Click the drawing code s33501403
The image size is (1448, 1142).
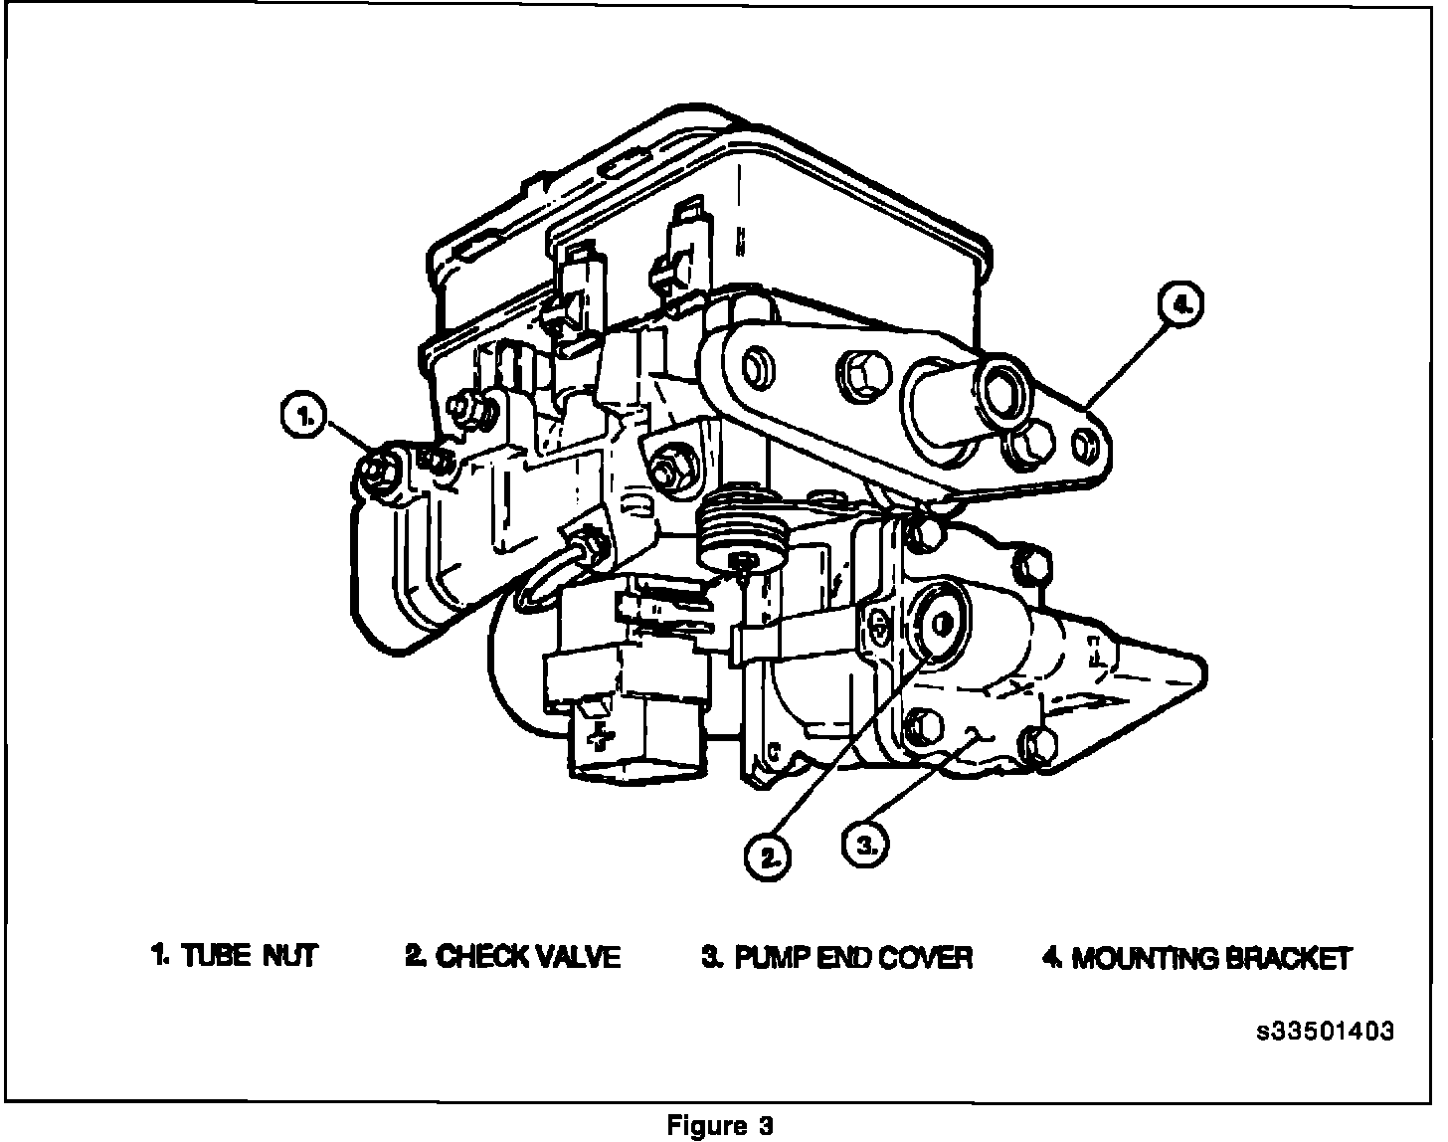point(1325,1031)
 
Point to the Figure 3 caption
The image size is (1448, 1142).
point(720,1126)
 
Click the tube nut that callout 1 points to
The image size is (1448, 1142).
point(378,472)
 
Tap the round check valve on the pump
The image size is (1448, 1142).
point(940,622)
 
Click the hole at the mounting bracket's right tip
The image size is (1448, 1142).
point(1087,445)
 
